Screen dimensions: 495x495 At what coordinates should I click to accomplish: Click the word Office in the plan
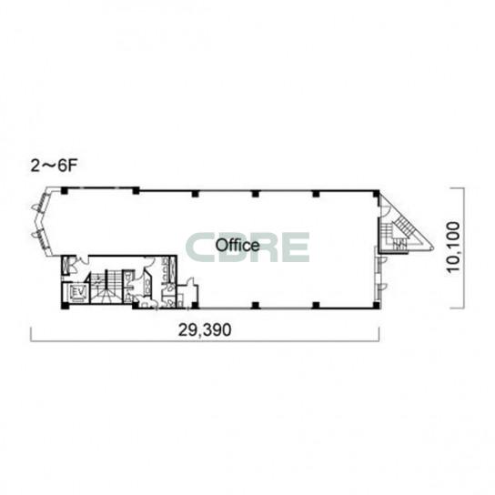pyautogui.click(x=237, y=246)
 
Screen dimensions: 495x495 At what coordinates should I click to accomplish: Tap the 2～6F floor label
pyautogui.click(x=54, y=166)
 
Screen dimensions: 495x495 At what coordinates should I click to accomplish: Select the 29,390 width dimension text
pyautogui.click(x=205, y=330)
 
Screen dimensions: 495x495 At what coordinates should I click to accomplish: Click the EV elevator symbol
pyautogui.click(x=76, y=293)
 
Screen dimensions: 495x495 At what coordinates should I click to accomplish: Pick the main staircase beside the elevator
pyautogui.click(x=106, y=287)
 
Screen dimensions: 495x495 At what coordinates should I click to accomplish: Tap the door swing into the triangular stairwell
pyautogui.click(x=385, y=210)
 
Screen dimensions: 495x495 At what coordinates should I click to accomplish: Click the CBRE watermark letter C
pyautogui.click(x=200, y=247)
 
